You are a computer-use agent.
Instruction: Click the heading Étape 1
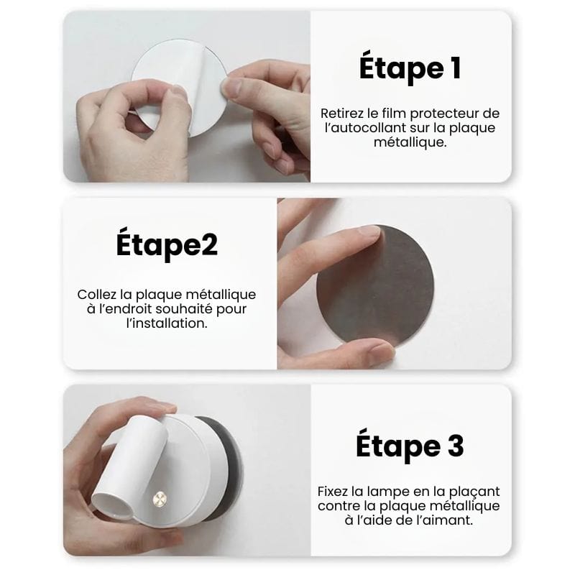click(410, 68)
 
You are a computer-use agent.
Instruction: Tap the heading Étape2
click(167, 245)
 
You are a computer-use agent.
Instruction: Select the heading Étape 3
click(410, 446)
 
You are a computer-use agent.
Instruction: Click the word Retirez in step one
click(344, 114)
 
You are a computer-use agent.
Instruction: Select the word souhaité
click(184, 309)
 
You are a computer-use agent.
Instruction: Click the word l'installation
click(167, 323)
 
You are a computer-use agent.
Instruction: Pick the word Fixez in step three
click(333, 492)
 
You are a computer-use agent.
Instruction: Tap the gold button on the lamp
click(160, 499)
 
